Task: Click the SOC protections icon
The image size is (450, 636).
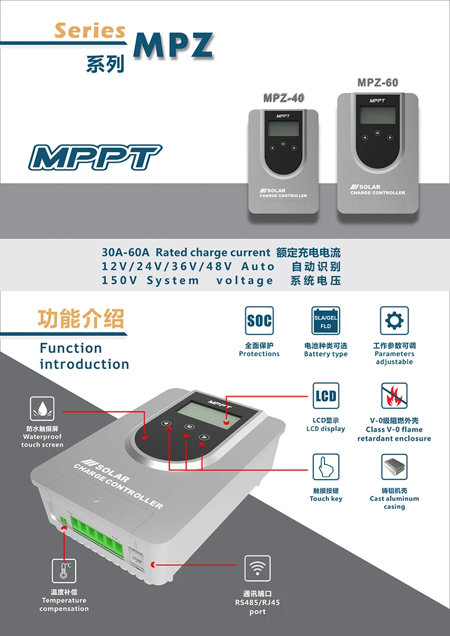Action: coord(259,321)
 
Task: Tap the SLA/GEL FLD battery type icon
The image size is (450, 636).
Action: coord(326,321)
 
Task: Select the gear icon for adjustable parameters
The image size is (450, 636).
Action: coord(394,321)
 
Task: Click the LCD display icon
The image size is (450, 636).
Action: coord(326,396)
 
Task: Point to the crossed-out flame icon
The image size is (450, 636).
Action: coord(394,396)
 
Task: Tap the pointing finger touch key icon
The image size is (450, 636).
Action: coord(326,467)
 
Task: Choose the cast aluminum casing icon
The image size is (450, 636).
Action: coord(394,467)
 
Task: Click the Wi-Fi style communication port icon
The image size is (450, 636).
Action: coord(257,568)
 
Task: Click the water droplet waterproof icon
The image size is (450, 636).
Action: coord(43,409)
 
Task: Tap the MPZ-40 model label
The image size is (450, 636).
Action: coord(284,98)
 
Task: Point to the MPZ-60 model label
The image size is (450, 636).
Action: coord(377,83)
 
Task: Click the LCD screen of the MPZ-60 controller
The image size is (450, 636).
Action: coord(377,115)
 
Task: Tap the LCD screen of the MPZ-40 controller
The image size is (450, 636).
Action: coord(283,128)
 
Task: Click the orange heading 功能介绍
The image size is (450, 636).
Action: coord(80,319)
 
